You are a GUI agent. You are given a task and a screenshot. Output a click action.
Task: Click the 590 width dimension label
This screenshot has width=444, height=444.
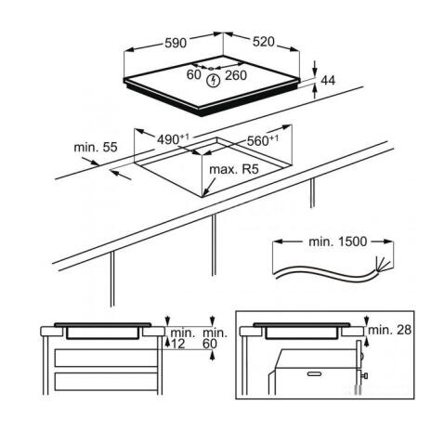[x=176, y=44]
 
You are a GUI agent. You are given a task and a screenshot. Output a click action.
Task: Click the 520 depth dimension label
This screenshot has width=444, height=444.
[x=264, y=42]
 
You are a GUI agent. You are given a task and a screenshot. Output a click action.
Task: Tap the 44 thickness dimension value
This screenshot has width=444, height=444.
[x=328, y=81]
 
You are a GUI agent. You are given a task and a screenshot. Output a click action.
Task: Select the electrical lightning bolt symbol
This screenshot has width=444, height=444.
[x=214, y=81]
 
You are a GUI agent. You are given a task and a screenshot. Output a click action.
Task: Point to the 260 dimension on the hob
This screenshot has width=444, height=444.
[x=236, y=75]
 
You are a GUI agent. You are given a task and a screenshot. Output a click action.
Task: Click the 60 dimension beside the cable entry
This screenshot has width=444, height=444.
[x=194, y=74]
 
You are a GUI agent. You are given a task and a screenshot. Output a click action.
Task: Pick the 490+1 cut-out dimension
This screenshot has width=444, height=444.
[x=173, y=139]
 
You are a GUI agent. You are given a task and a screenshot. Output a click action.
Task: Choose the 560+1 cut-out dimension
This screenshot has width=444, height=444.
[x=262, y=140]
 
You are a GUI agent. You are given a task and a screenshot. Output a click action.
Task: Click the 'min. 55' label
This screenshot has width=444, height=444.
[x=96, y=147]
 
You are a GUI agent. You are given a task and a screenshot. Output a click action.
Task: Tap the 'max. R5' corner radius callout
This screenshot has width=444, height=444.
[x=234, y=169]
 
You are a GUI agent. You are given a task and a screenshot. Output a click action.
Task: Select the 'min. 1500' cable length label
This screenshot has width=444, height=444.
[x=337, y=242]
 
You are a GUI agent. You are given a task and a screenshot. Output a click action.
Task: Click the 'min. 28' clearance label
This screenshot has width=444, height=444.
[x=390, y=330]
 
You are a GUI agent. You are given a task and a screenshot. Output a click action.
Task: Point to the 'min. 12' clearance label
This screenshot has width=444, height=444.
[x=183, y=338]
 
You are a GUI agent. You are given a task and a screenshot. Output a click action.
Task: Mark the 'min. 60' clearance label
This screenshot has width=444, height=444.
[x=215, y=338]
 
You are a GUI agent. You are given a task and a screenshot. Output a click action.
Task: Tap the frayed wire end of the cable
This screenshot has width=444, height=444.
[x=383, y=266]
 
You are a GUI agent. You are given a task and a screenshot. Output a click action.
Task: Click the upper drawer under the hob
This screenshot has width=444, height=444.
[x=106, y=358]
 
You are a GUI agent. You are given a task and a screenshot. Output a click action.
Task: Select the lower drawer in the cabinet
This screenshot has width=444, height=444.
[x=106, y=382]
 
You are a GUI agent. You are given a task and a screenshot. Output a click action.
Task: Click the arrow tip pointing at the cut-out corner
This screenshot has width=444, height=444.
[x=204, y=195]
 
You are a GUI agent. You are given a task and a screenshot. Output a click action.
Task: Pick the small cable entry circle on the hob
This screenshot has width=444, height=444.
[x=211, y=68]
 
